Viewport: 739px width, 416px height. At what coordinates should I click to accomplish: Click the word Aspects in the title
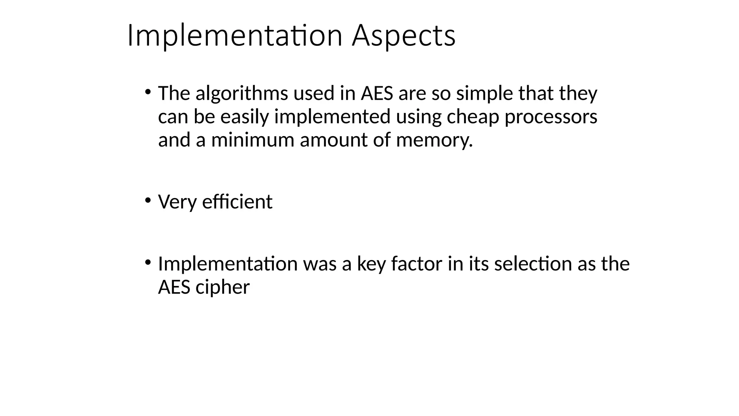(403, 36)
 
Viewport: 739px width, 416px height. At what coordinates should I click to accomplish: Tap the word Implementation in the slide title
(235, 36)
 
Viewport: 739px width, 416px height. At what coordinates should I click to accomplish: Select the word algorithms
(242, 93)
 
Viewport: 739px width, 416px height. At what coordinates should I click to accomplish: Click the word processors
(551, 117)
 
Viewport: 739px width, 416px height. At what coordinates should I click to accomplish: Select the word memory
(434, 140)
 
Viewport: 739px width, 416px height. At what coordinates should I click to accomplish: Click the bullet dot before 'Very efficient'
(147, 200)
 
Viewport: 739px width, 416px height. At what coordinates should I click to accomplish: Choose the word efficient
(237, 201)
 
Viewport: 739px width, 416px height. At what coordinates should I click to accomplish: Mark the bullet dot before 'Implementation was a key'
(147, 263)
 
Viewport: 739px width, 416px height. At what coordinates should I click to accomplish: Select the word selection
(533, 264)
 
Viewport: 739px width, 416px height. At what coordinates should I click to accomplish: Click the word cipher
(222, 287)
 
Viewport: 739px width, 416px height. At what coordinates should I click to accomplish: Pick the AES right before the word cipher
(174, 287)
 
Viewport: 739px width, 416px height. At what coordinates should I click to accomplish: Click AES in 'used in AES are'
(377, 93)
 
